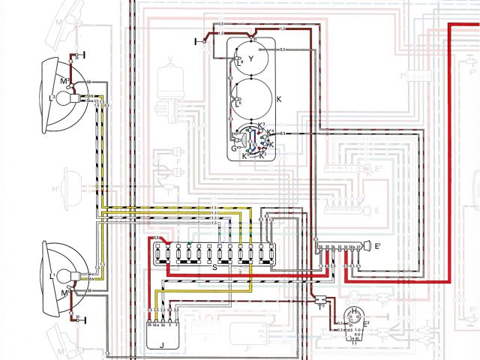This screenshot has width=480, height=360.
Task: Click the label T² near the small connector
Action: [x=321, y=306]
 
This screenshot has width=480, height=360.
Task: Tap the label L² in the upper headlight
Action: [x=53, y=98]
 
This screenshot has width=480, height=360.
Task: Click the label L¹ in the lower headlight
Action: [x=53, y=277]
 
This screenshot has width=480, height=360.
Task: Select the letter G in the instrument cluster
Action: [x=234, y=148]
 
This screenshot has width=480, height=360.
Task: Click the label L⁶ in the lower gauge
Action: [x=238, y=106]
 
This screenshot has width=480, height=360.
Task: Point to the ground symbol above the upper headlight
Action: [x=82, y=55]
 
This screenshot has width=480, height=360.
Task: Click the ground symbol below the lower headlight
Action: [x=82, y=318]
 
